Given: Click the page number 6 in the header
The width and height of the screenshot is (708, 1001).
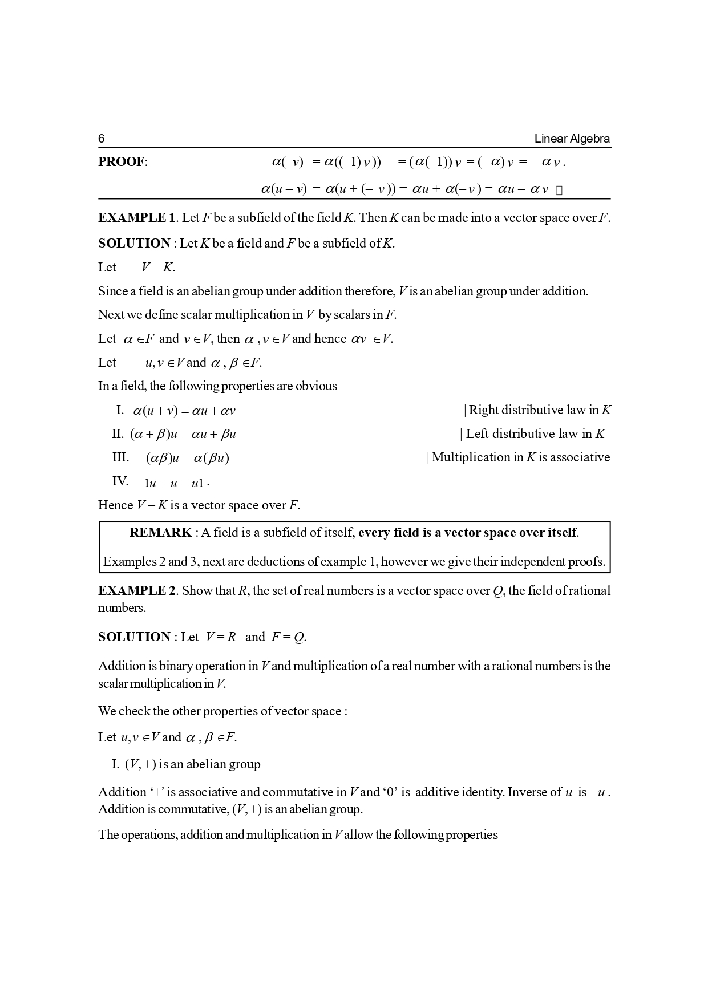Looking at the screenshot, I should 102,139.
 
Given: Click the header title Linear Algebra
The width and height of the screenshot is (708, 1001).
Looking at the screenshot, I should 572,139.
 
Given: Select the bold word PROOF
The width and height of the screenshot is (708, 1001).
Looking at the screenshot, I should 122,162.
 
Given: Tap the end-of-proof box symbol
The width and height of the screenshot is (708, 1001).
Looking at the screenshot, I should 559,190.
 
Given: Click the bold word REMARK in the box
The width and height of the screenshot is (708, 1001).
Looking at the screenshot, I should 160,533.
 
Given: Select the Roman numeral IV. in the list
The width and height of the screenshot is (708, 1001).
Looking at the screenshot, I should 120,481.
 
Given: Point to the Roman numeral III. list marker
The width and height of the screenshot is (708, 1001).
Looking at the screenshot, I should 120,457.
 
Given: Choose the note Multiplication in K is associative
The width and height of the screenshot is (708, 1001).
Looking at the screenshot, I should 520,457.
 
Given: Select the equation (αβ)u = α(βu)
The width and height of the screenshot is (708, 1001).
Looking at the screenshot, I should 188,458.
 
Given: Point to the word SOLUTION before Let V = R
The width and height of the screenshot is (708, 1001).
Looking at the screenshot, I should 134,637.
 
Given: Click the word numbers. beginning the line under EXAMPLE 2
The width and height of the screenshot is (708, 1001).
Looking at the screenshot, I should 122,608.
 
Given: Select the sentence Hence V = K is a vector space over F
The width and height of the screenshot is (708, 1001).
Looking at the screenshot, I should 199,505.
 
